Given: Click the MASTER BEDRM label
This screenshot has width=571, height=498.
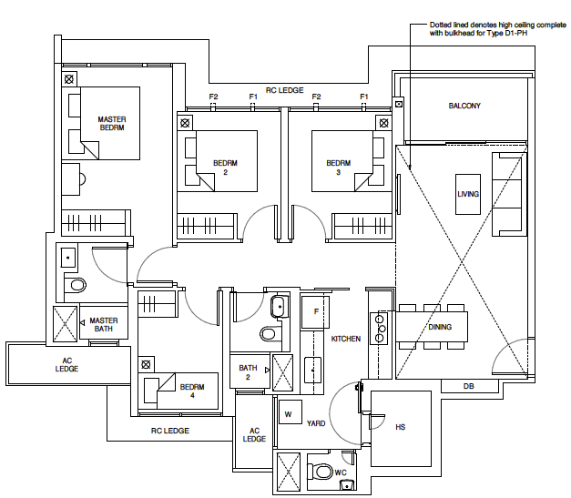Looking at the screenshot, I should [112, 124].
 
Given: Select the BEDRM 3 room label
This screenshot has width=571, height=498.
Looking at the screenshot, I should [339, 168].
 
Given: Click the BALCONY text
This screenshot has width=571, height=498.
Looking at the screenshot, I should [464, 107].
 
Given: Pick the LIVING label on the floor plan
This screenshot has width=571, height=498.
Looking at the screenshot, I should [468, 194].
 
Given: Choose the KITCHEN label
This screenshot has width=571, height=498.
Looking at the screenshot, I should [346, 339].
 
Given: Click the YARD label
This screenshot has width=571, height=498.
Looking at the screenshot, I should [316, 423].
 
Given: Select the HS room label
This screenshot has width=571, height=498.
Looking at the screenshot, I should [400, 426].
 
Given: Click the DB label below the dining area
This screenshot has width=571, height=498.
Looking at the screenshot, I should [468, 386].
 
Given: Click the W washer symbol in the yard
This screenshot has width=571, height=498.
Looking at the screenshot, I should [289, 413].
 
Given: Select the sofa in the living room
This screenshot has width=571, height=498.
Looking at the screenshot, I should [508, 191].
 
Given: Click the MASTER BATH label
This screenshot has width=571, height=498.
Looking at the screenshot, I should [104, 323].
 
